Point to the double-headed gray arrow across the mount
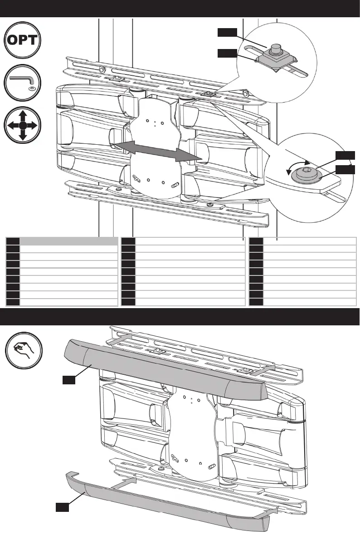point(156,150)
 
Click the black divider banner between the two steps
point(180,316)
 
